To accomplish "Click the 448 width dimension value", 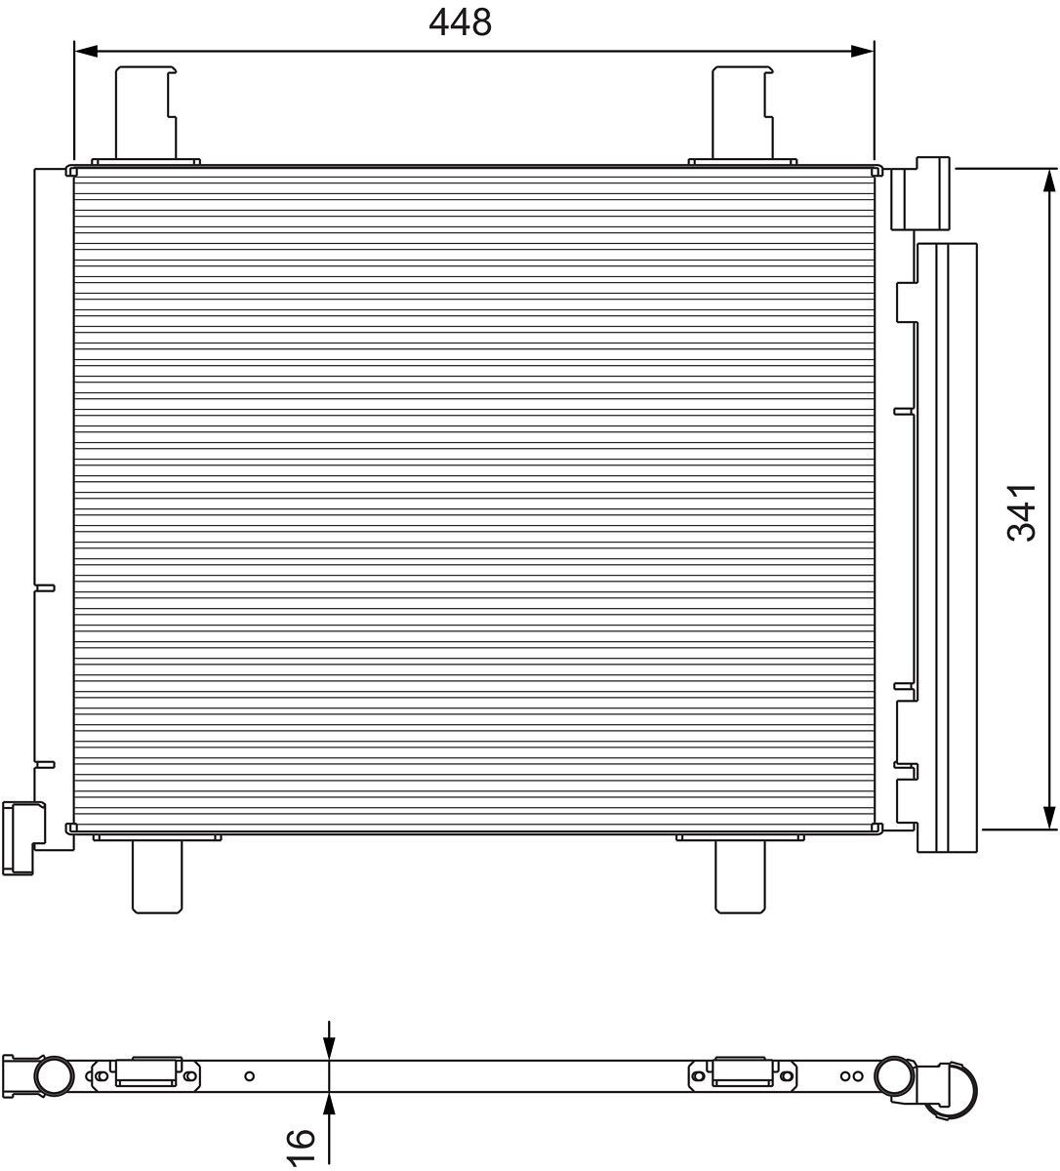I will point(461,21).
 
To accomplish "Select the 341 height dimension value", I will point(1022,511).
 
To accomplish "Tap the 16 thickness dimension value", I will point(301,1146).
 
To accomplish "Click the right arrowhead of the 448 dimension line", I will point(862,51).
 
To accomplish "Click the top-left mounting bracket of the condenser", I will point(146,112).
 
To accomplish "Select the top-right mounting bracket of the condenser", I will point(742,112).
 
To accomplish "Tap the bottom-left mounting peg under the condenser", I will point(157,874).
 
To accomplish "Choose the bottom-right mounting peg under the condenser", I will point(741,874).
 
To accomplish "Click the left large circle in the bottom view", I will point(54,1075).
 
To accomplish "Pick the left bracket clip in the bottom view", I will point(147,1072).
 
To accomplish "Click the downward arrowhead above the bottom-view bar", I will point(330,1048).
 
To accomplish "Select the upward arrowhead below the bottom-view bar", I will point(330,1104).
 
